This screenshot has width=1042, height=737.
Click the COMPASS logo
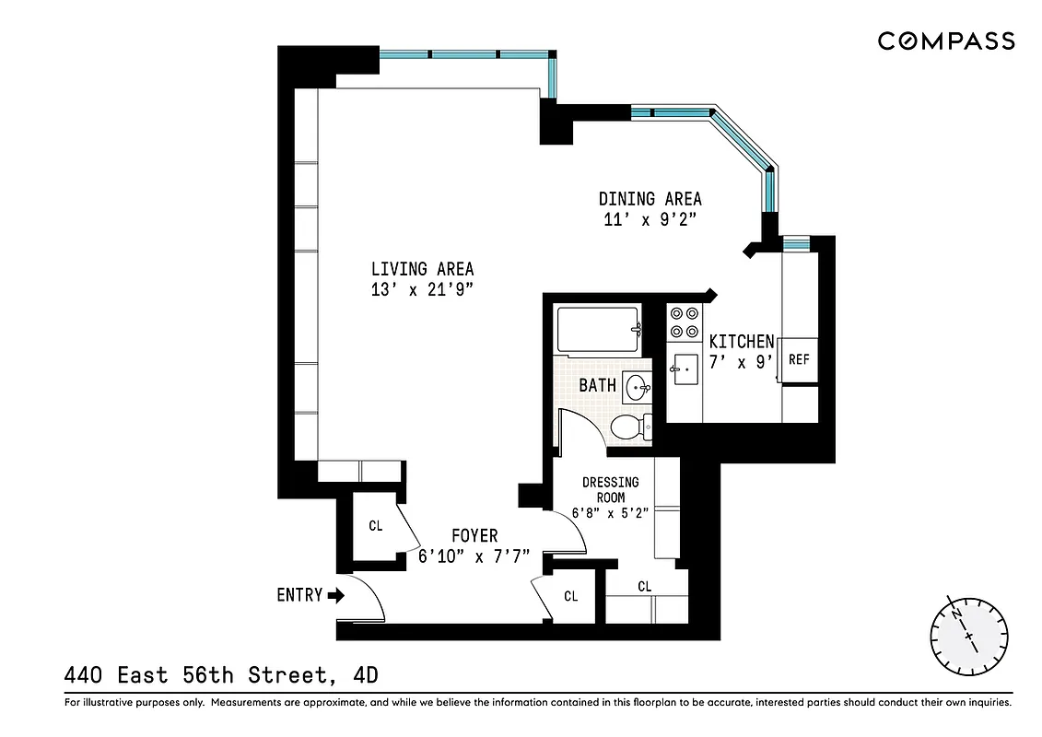point(945,41)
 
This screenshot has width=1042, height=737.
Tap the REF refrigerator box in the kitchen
point(799,359)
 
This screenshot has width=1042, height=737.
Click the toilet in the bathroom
point(631,426)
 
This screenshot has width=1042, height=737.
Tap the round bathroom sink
point(635,387)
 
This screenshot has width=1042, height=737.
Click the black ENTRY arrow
point(335,595)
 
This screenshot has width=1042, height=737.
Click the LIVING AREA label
point(422,269)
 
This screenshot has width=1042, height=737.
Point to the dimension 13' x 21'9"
point(422,289)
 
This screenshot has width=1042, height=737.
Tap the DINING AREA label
point(650,199)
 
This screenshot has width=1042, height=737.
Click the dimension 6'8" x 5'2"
point(610,514)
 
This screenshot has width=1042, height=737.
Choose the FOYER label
point(474,536)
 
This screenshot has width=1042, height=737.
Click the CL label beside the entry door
point(375,526)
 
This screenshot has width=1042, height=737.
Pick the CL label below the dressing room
point(644,586)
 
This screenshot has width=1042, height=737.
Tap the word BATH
point(597,385)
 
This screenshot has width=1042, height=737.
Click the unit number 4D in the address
point(366,676)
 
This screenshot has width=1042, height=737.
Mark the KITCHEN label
point(741,342)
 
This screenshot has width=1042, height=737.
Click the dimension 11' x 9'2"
point(650,219)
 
